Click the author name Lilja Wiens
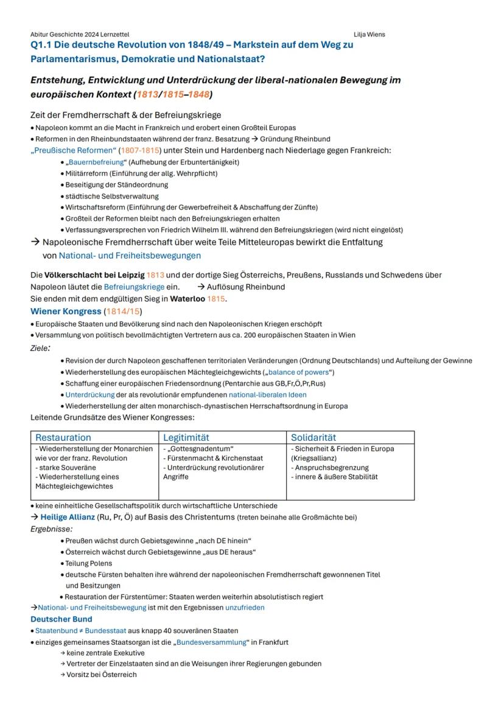pos(369,35)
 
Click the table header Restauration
pos(63,438)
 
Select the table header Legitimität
pos(186,438)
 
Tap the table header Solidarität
pos(313,438)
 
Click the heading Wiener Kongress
pos(66,311)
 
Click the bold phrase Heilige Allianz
pos(68,517)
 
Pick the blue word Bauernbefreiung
pos(94,162)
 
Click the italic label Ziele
pos(40,348)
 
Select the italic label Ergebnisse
pos(51,529)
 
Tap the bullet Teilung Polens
pos(88,563)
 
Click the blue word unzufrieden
pos(245,608)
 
